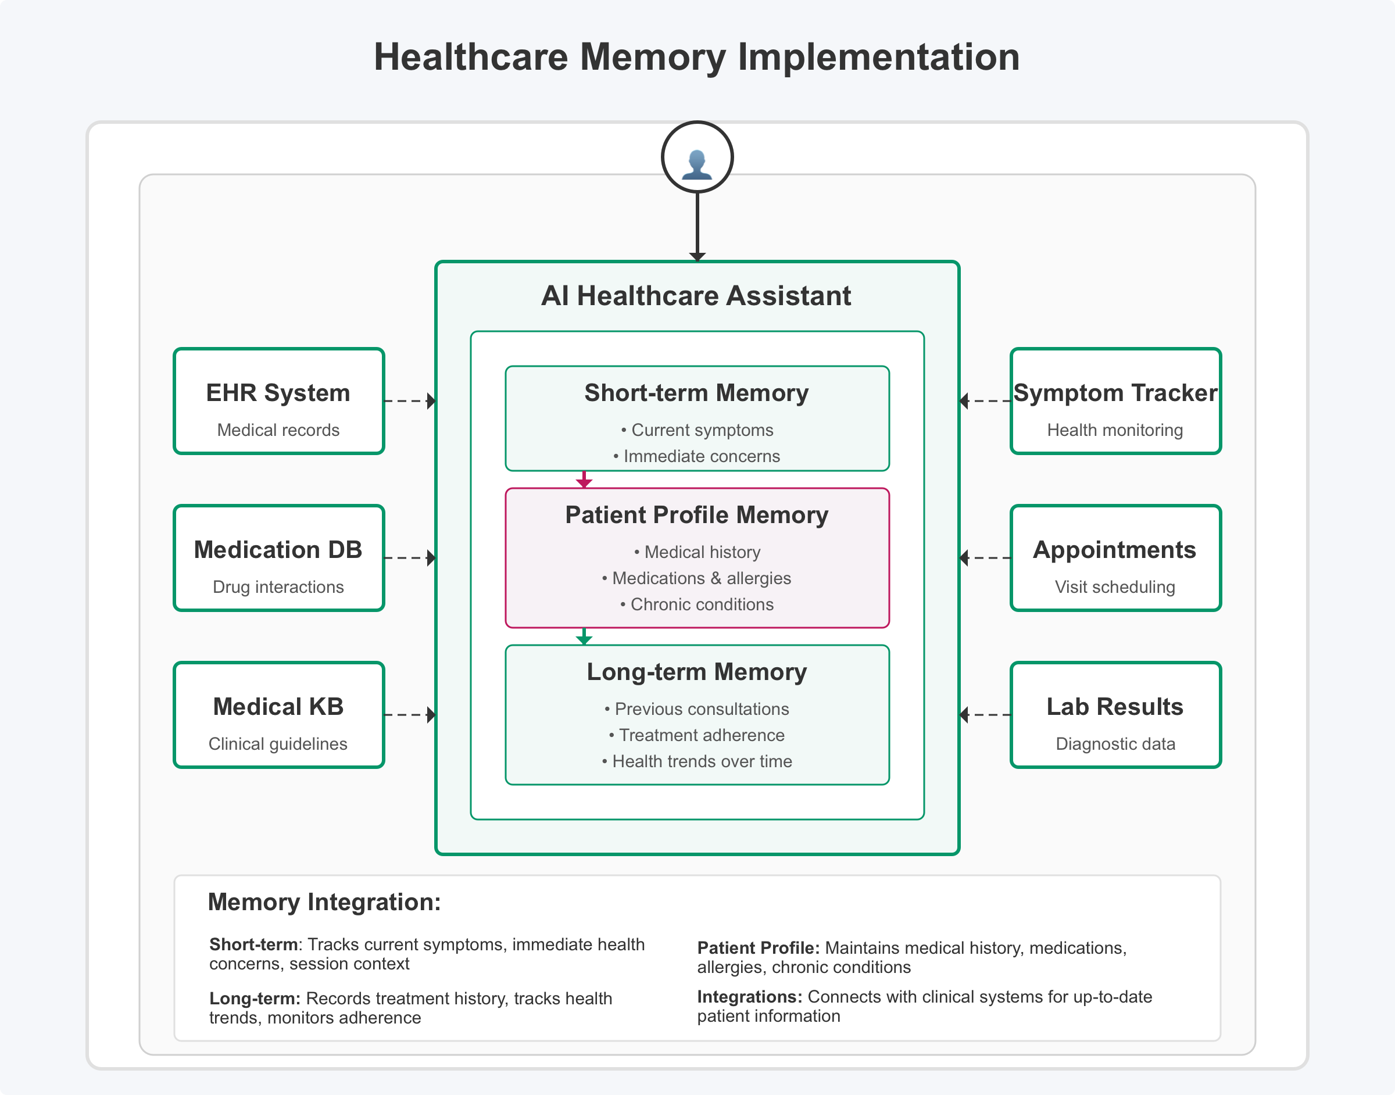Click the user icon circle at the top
click(697, 157)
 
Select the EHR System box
click(279, 402)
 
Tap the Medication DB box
click(279, 558)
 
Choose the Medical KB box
click(279, 715)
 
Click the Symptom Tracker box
click(1115, 402)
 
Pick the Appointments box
click(1115, 558)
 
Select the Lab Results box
click(1115, 715)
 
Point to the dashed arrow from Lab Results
click(985, 715)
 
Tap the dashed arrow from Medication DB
click(410, 558)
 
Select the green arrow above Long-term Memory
click(584, 636)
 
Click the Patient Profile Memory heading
click(697, 516)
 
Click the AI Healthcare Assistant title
click(697, 296)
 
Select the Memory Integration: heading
click(324, 902)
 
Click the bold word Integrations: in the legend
click(749, 997)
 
